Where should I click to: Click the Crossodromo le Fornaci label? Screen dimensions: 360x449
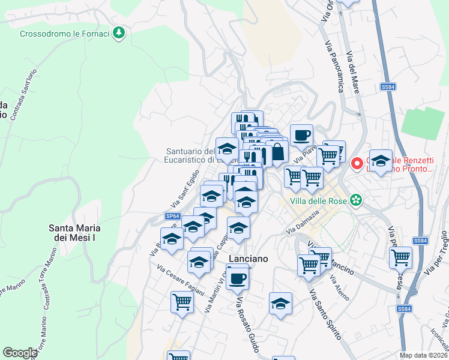(x=65, y=34)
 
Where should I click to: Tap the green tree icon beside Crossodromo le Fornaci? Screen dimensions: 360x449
(x=119, y=32)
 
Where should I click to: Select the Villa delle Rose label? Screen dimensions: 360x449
(x=319, y=200)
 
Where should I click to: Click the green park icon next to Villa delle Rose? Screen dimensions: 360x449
(x=357, y=200)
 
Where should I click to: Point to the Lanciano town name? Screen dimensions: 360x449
(x=247, y=257)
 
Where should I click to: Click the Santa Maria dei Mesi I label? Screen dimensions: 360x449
(x=74, y=233)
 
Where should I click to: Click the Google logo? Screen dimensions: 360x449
(x=20, y=353)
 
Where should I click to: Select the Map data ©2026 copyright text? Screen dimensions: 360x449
(x=424, y=355)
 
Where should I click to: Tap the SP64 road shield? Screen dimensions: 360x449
(x=172, y=216)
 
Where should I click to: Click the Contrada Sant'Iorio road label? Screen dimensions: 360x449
(x=24, y=93)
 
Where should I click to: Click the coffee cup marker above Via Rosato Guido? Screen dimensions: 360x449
(x=237, y=277)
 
